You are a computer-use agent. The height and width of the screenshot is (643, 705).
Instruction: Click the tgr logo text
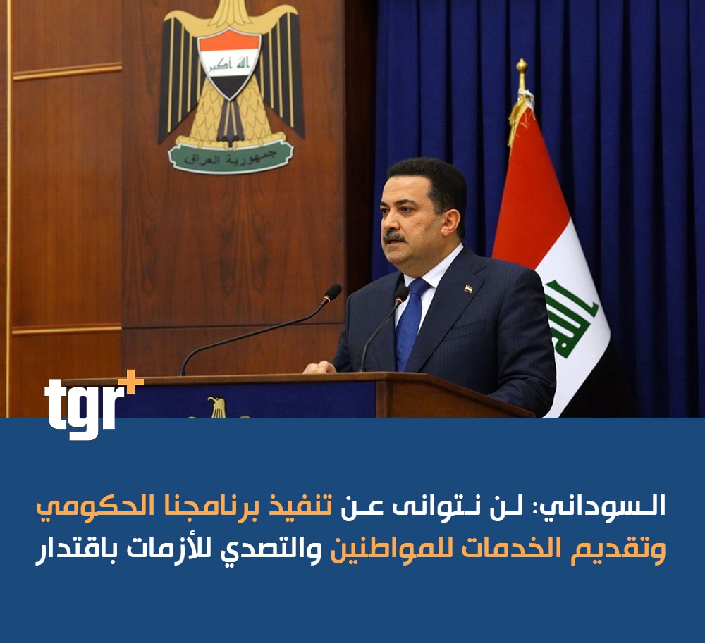(85, 407)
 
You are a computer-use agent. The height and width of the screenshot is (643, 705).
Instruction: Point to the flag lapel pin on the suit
(469, 288)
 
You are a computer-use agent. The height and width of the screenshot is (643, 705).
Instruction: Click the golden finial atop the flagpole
(522, 74)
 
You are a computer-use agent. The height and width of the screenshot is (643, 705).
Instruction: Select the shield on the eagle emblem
(229, 63)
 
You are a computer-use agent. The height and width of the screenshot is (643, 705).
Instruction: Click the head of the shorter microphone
(402, 294)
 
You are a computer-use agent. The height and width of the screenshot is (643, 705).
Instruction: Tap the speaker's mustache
(394, 236)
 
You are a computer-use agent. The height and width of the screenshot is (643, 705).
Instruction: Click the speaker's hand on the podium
(320, 368)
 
